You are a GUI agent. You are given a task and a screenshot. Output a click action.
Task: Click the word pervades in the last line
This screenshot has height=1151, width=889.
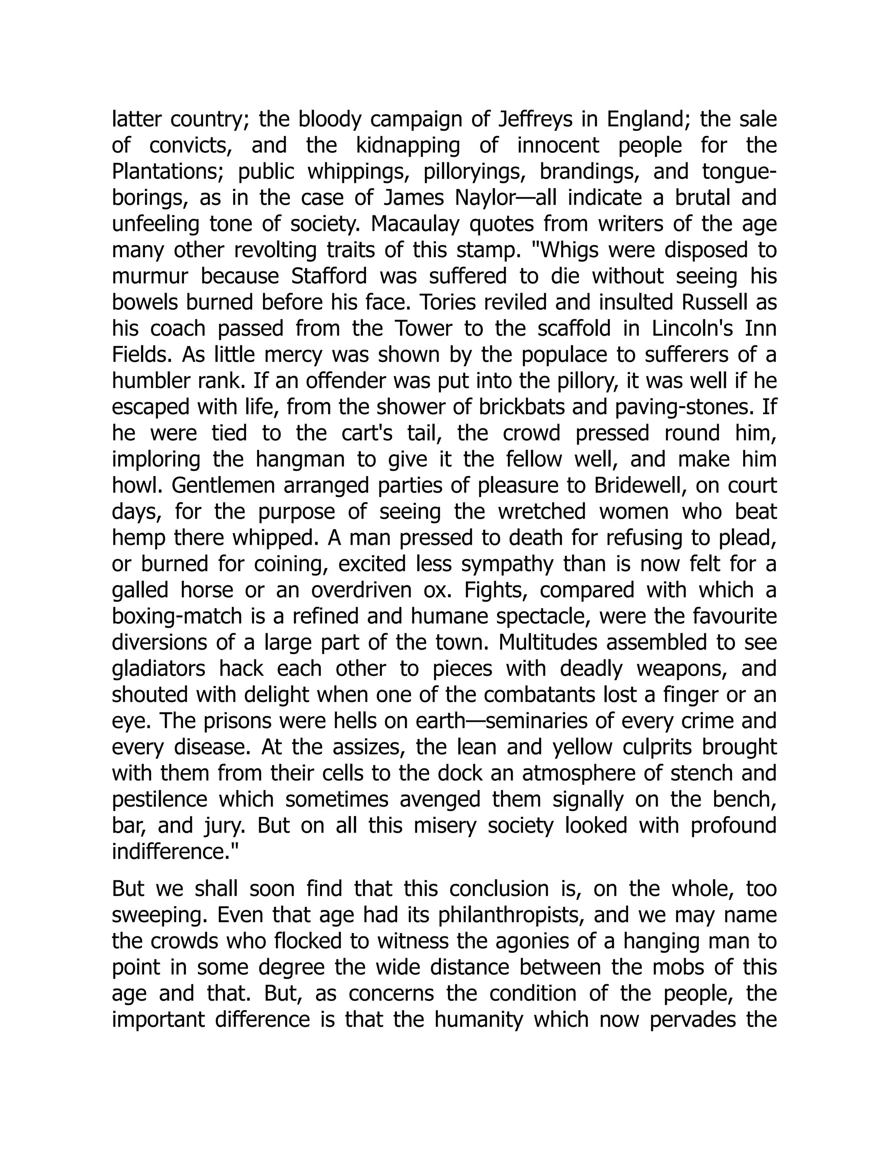[692, 1020]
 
